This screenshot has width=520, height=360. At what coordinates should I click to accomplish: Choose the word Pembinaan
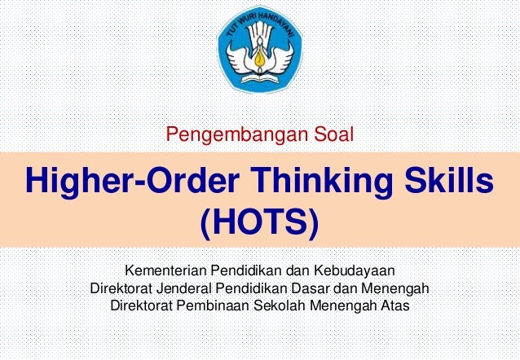[213, 307]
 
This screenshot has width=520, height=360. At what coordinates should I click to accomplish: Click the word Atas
[396, 307]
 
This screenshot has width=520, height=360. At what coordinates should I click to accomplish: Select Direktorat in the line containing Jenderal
[122, 288]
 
